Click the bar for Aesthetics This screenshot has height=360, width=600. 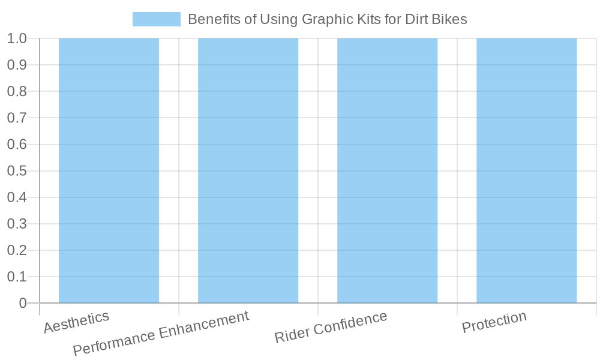(x=109, y=171)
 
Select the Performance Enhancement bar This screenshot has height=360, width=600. (x=248, y=171)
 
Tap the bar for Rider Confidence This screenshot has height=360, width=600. (x=387, y=171)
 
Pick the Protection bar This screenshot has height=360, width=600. (x=526, y=171)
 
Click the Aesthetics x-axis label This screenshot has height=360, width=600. (x=76, y=322)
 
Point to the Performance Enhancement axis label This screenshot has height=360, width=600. (x=161, y=333)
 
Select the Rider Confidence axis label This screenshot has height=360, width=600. (x=331, y=328)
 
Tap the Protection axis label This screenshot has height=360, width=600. (x=494, y=322)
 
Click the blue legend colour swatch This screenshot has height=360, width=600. (x=156, y=19)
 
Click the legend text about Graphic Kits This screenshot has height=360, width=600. (x=327, y=19)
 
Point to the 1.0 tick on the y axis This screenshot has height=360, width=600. (x=17, y=38)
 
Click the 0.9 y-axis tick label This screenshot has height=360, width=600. (x=17, y=65)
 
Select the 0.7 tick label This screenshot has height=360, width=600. (x=17, y=118)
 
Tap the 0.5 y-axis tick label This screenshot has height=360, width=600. (x=17, y=171)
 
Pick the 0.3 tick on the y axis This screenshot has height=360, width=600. (x=17, y=224)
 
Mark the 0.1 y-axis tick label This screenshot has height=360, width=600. (x=17, y=277)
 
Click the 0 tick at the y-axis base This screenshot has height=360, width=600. (x=23, y=303)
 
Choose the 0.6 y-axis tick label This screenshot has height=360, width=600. (x=17, y=145)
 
